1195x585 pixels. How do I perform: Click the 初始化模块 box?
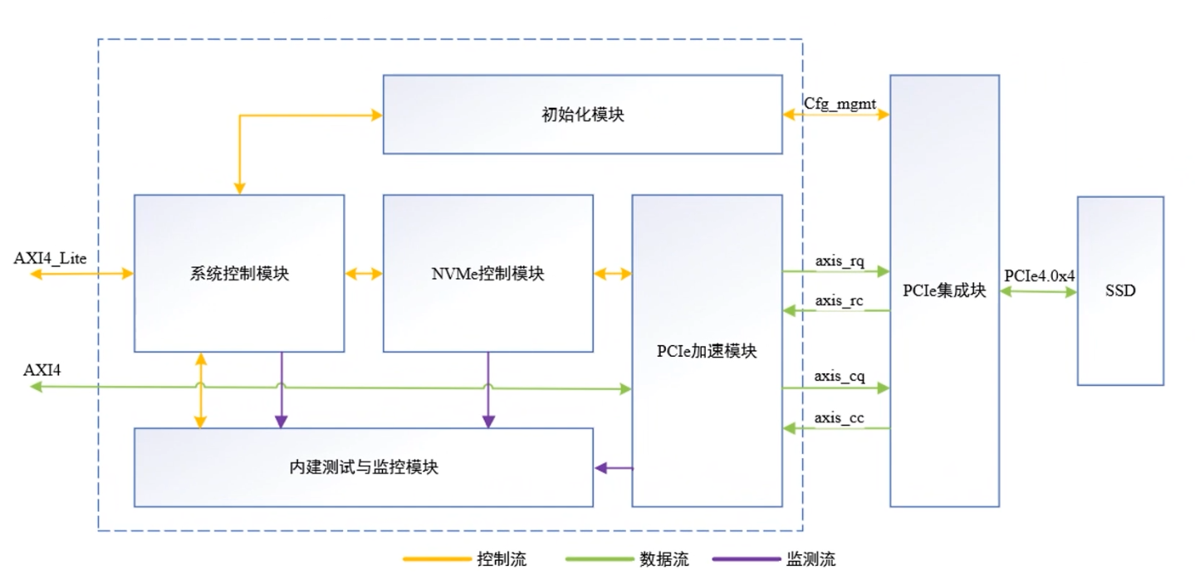coord(582,115)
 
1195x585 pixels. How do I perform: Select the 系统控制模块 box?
coord(239,273)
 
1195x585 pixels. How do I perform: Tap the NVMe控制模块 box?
coord(487,273)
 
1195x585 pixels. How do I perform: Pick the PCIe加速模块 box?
coord(707,350)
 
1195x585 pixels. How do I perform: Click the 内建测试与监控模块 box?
coord(364,467)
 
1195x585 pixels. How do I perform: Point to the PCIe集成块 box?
coord(944,291)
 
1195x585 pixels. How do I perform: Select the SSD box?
coord(1120,291)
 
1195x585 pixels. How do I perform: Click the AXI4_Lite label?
coord(51,257)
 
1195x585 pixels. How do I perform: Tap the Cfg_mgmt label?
coord(835,102)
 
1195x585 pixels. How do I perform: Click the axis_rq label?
coord(839,261)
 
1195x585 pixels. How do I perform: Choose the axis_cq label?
coord(839,377)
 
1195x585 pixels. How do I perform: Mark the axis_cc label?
coord(839,417)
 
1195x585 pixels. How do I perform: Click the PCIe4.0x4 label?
coord(1039,275)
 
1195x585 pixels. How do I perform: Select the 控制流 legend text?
coord(502,559)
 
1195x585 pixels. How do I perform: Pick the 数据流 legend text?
coord(664,559)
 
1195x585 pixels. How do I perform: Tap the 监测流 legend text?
coord(811,559)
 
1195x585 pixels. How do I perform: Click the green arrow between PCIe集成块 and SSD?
coord(1038,292)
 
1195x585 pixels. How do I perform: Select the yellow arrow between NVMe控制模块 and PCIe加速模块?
coord(613,273)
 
